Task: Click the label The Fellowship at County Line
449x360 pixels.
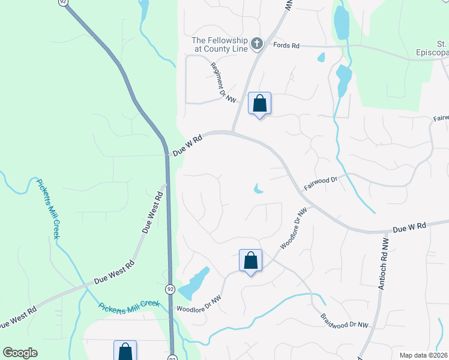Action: pyautogui.click(x=219, y=44)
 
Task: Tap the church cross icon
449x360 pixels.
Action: pyautogui.click(x=257, y=43)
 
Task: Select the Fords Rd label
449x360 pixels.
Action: pyautogui.click(x=286, y=46)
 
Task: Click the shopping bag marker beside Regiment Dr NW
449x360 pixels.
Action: pyautogui.click(x=259, y=104)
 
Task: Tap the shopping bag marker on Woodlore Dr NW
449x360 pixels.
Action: pyautogui.click(x=250, y=261)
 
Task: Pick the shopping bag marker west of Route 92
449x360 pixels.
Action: pyautogui.click(x=125, y=351)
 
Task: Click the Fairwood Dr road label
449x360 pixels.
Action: pyautogui.click(x=321, y=182)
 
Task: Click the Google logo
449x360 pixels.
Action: pyautogui.click(x=20, y=352)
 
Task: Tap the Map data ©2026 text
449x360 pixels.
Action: pyautogui.click(x=424, y=355)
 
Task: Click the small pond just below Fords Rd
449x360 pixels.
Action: pyautogui.click(x=321, y=58)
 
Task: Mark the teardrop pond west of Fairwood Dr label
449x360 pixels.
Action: pyautogui.click(x=258, y=189)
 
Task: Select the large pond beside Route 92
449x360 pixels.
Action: pyautogui.click(x=194, y=282)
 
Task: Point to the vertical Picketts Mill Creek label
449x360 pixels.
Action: pyautogui.click(x=48, y=208)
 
